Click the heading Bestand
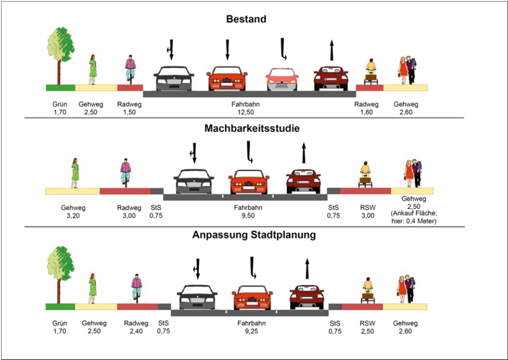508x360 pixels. click(x=246, y=19)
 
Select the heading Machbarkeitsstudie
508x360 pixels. click(x=252, y=129)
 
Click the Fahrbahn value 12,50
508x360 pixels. click(x=246, y=112)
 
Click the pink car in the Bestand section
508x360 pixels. click(x=282, y=80)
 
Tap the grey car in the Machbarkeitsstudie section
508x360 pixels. click(x=193, y=182)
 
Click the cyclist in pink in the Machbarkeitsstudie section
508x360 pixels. click(x=125, y=172)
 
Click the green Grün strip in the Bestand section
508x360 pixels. click(x=60, y=88)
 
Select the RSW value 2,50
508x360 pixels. click(x=367, y=331)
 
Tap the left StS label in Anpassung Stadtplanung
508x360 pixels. click(x=163, y=324)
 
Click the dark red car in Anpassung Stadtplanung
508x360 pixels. click(x=307, y=296)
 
